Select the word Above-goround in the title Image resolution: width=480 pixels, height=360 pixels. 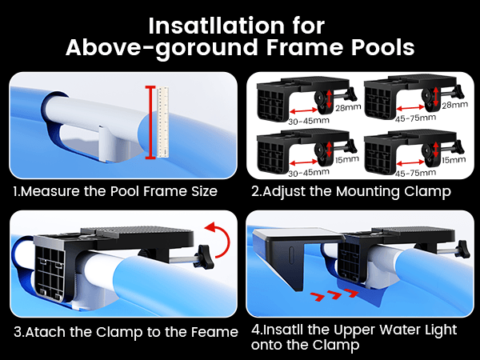162,48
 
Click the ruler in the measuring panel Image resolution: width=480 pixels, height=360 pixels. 163,122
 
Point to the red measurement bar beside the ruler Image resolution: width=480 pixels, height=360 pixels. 150,122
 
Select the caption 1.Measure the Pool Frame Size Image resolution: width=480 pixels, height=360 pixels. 115,191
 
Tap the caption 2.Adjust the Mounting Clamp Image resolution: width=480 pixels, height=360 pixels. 351,192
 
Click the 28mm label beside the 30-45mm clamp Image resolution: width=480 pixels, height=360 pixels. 348,107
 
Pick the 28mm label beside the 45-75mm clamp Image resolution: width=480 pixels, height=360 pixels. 455,105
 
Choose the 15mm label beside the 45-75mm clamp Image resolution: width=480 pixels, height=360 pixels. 454,160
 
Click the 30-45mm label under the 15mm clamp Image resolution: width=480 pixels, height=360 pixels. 309,173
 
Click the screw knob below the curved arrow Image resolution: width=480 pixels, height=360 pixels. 204,257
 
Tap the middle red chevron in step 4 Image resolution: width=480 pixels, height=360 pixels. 334,294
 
